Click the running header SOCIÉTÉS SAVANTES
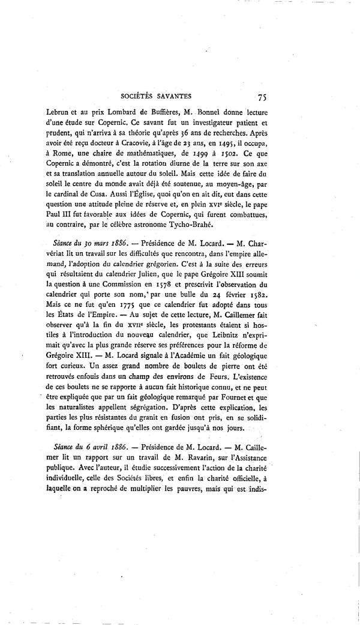156,95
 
